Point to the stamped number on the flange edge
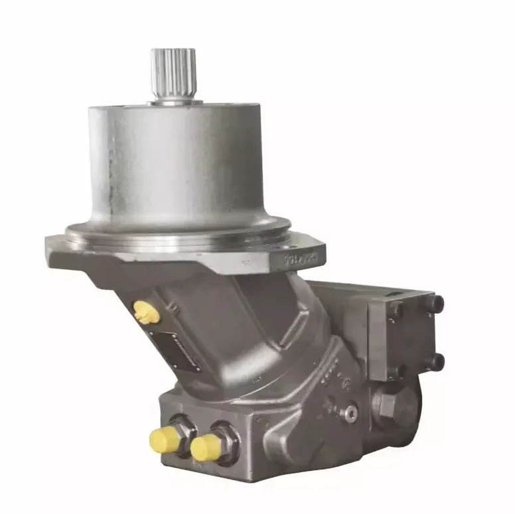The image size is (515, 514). (302, 256)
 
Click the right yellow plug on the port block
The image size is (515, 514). (205, 448)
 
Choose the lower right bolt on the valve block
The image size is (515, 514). (437, 361)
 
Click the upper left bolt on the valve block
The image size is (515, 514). (394, 310)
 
